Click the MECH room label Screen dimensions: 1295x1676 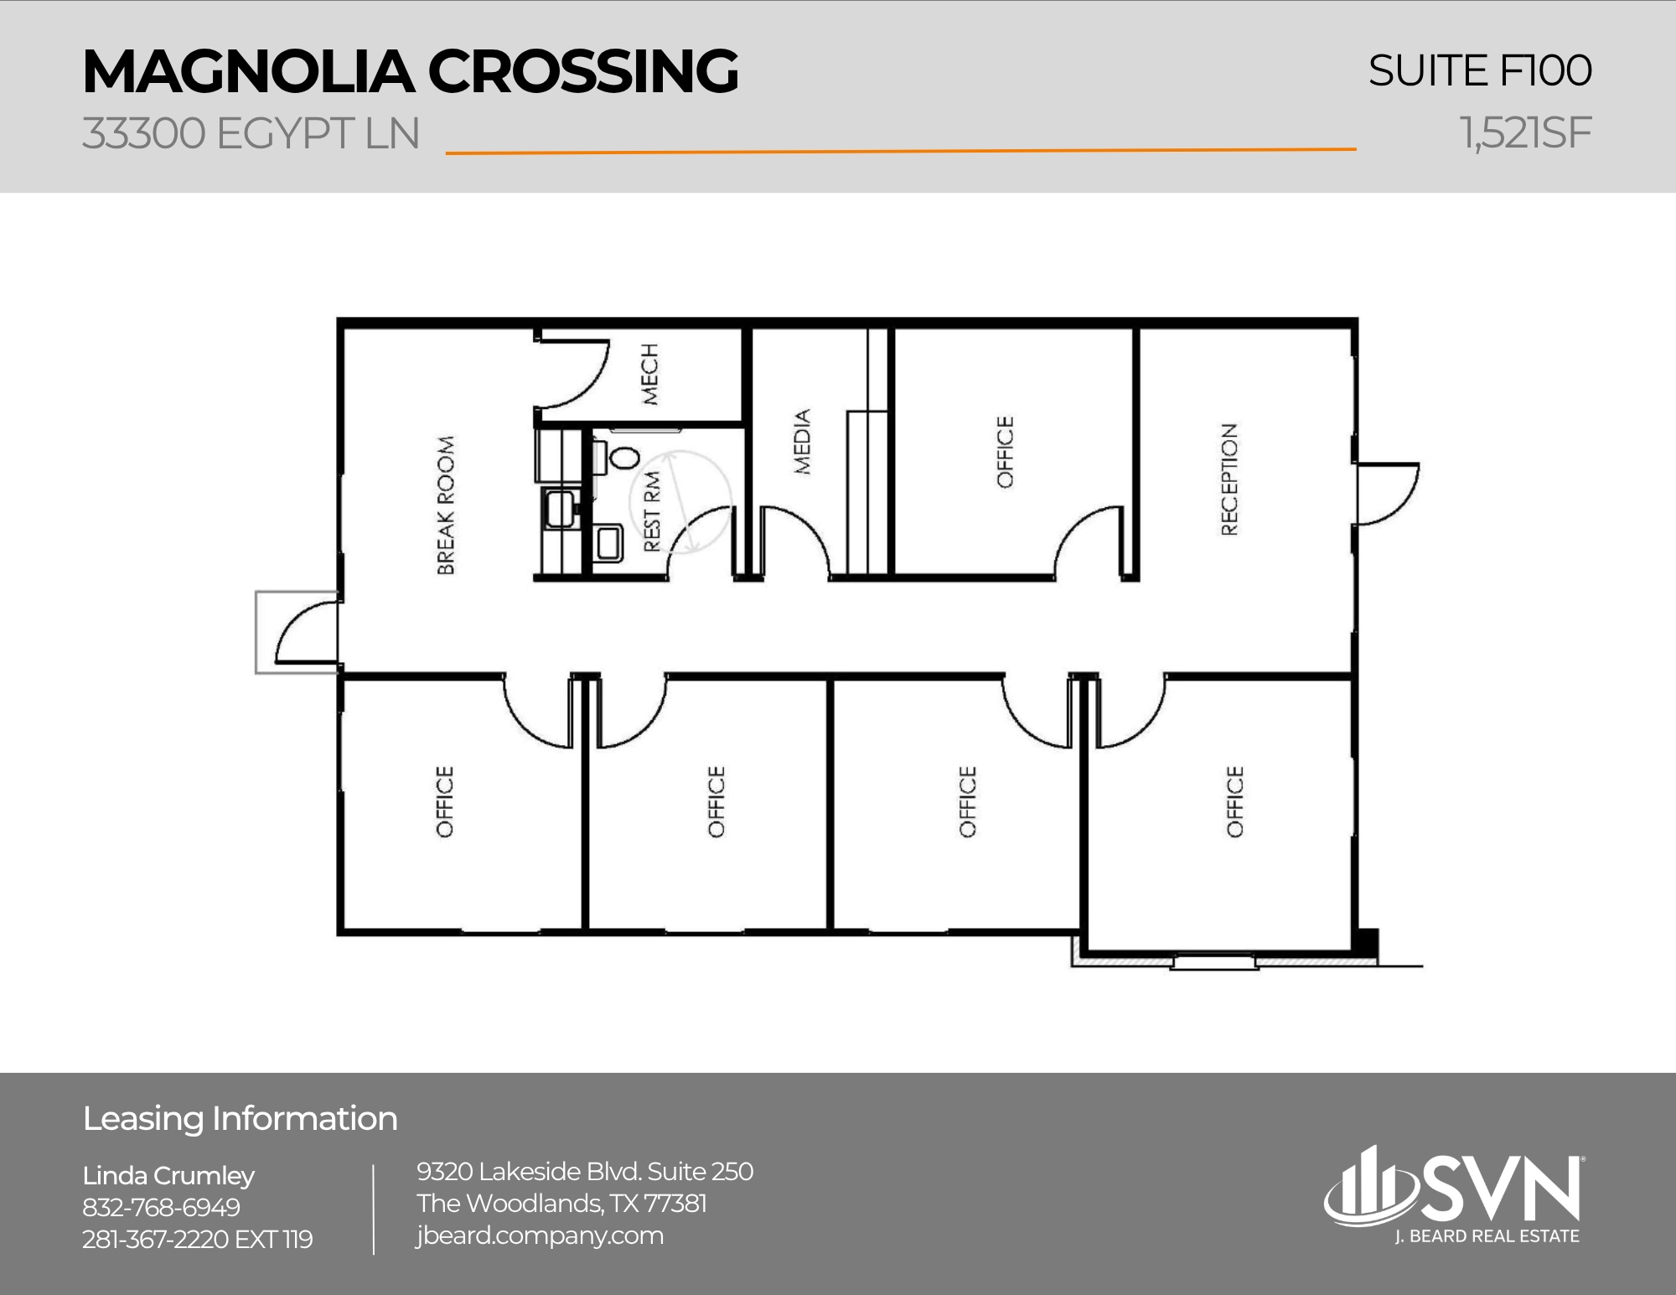(650, 374)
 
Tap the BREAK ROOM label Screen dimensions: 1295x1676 (446, 505)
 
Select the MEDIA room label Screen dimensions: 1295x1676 (803, 442)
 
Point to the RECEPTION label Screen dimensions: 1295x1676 (1229, 479)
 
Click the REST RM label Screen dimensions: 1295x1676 (652, 511)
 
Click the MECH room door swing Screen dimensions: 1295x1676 (574, 373)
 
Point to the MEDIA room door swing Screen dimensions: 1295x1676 (796, 538)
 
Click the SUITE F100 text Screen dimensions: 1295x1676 (1479, 70)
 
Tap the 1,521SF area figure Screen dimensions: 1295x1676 (1524, 133)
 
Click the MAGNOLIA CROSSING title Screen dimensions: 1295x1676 (410, 72)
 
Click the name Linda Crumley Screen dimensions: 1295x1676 (168, 1176)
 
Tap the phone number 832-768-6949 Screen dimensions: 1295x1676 (161, 1208)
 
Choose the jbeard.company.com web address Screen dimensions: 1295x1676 (540, 1235)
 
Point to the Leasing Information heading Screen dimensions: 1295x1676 (240, 1119)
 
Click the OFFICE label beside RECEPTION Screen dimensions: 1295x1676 (1005, 452)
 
